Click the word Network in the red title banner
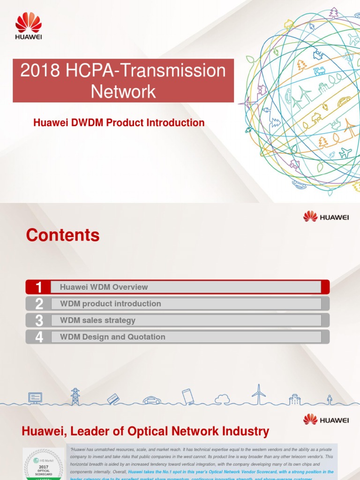123,91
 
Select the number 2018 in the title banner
40,71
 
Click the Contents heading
63,235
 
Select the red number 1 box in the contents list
39,287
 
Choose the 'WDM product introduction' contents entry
111,304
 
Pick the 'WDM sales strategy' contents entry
97,320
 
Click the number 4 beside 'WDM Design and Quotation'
39,337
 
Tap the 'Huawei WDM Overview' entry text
104,287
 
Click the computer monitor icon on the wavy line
35,398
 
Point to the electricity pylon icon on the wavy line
75,396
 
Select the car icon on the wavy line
152,400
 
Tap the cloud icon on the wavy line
222,399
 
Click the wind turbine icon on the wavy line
258,394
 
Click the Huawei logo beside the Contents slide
326,217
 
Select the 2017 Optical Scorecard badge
43,464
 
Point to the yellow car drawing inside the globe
344,102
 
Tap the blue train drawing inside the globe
320,71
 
